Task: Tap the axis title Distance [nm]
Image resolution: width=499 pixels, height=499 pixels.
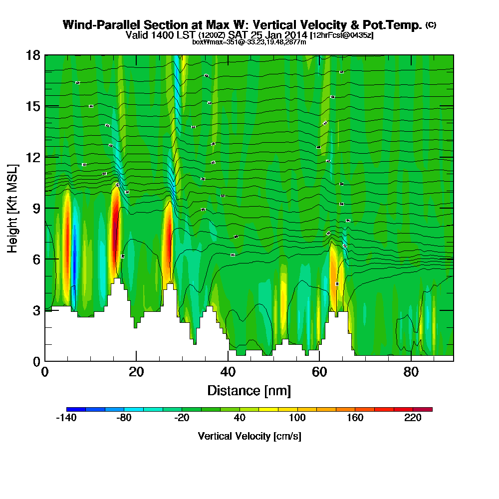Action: (x=249, y=390)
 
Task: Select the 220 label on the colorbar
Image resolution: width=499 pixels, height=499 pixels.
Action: (x=413, y=418)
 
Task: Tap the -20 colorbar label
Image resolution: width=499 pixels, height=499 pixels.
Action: (x=182, y=418)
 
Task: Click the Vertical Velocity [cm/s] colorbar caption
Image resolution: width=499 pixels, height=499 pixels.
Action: (x=249, y=436)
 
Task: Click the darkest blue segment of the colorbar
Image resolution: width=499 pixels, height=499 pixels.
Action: (x=76, y=409)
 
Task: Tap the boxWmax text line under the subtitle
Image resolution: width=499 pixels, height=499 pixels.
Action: (x=249, y=42)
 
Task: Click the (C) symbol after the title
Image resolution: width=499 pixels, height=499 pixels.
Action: (x=431, y=24)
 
